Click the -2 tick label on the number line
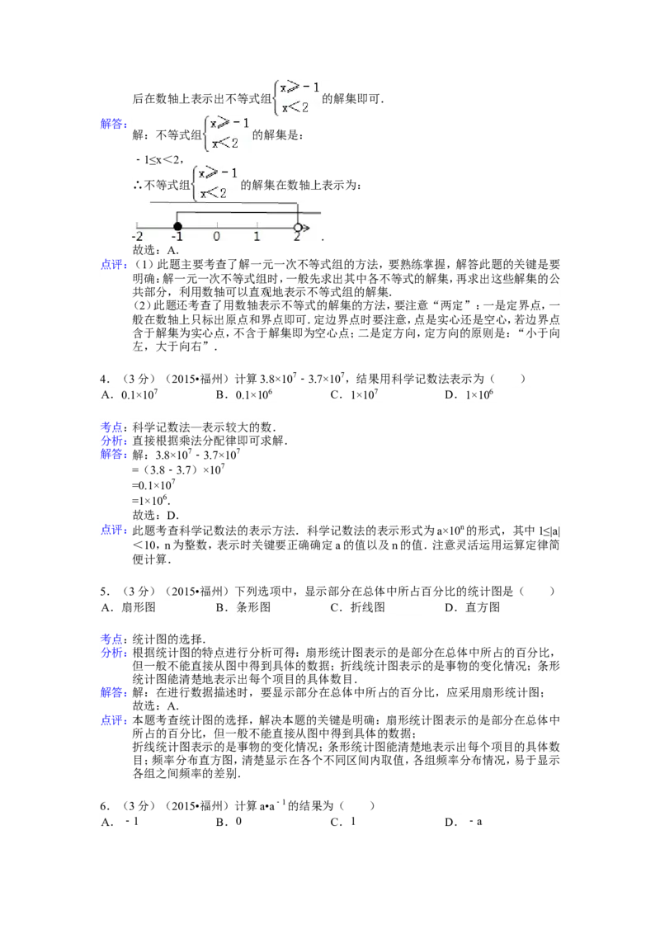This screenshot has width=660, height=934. click(x=137, y=237)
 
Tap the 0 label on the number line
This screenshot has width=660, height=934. click(x=216, y=237)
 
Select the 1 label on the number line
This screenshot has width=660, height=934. click(x=257, y=237)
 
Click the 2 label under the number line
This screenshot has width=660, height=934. click(x=297, y=237)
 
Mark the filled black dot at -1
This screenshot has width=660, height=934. click(x=177, y=226)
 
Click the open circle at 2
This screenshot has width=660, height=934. click(x=298, y=226)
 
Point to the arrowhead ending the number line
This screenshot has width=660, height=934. click(x=306, y=226)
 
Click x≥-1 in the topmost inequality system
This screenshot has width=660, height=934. click(x=299, y=88)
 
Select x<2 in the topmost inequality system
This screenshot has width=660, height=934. click(x=295, y=106)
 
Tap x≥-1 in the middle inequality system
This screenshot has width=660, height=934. click(x=230, y=125)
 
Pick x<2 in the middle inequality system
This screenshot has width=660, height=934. click(x=225, y=143)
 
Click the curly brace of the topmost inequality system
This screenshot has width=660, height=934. click(x=275, y=97)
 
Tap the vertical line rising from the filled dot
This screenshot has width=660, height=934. click(x=177, y=216)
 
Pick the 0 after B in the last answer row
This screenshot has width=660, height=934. click(x=239, y=821)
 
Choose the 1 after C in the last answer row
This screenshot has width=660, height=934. click(x=353, y=821)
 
